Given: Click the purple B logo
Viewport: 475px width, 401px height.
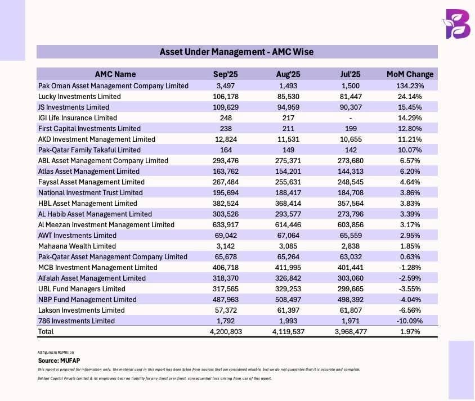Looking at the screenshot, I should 457,24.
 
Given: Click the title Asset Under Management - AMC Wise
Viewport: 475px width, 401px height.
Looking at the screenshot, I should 236,52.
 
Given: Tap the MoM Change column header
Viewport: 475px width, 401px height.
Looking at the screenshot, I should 410,74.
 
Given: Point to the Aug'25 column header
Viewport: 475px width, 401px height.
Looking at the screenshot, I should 288,74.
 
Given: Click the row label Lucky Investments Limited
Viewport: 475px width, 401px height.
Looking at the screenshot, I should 79,96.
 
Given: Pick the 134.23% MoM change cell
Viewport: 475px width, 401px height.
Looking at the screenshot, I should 410,85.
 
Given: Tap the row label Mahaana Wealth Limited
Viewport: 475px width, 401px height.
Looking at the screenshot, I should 77,246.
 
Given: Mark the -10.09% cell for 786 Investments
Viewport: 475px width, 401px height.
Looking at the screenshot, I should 410,321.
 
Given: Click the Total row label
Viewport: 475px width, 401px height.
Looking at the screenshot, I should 46,332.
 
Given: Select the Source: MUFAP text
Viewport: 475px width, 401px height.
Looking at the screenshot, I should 57,359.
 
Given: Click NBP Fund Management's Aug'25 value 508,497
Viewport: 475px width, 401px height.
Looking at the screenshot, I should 288,299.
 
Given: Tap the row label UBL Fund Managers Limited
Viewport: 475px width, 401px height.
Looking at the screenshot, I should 82,289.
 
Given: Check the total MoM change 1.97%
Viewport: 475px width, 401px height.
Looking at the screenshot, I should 410,332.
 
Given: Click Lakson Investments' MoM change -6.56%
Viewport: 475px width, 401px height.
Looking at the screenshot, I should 410,310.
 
